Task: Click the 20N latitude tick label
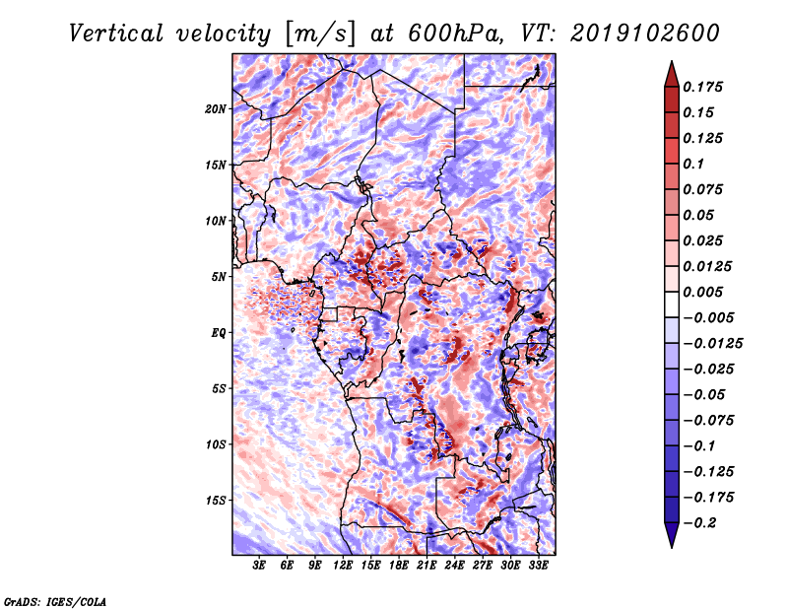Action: click(x=216, y=109)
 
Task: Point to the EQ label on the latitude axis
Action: click(x=218, y=333)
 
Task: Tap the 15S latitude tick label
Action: click(x=216, y=501)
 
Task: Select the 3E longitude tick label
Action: click(x=259, y=566)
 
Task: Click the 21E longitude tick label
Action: click(x=427, y=566)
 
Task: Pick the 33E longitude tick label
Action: click(x=538, y=566)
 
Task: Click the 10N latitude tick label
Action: click(x=216, y=221)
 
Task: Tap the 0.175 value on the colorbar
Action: click(x=702, y=87)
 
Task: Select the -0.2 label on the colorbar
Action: click(x=699, y=523)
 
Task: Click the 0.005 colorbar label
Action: click(x=702, y=292)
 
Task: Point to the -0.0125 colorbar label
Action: click(x=712, y=344)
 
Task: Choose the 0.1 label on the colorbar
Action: click(x=693, y=164)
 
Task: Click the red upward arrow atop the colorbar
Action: click(x=672, y=74)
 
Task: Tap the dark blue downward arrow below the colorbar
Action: click(x=672, y=535)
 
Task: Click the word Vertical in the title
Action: click(x=115, y=34)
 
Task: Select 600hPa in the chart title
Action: click(x=455, y=34)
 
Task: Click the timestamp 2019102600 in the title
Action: click(x=645, y=34)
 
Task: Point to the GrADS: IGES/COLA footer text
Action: click(x=55, y=602)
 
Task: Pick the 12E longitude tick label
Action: click(x=342, y=566)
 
